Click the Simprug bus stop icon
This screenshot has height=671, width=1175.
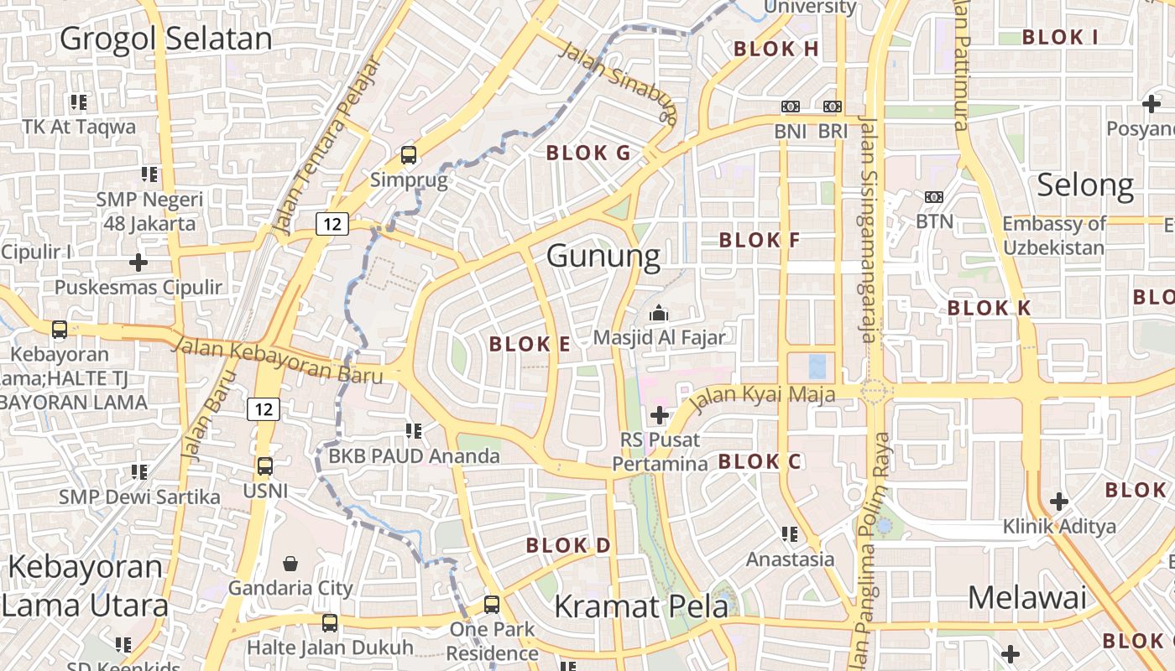(x=409, y=155)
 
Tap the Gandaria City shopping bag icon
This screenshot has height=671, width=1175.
(x=290, y=563)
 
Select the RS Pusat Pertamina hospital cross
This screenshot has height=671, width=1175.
(x=660, y=414)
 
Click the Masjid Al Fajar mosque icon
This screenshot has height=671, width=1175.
(x=659, y=314)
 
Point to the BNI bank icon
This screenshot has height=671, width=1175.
(x=790, y=107)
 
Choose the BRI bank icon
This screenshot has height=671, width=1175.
(x=833, y=107)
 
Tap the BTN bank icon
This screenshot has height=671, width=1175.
(x=934, y=197)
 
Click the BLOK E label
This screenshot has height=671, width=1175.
(x=530, y=344)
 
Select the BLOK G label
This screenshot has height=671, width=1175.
(x=587, y=153)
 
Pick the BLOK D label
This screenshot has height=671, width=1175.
(x=568, y=546)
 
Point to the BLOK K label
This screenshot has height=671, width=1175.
(x=989, y=308)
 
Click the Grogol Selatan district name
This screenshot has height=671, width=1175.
(x=166, y=39)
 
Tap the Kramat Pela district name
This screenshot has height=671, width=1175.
(x=641, y=606)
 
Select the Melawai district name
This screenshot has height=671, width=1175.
(x=1027, y=598)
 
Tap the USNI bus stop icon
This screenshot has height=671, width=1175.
(x=265, y=466)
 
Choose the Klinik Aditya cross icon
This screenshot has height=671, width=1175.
(x=1059, y=502)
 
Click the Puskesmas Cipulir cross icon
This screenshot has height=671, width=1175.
(x=138, y=263)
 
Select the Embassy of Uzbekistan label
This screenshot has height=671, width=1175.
(x=1055, y=236)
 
